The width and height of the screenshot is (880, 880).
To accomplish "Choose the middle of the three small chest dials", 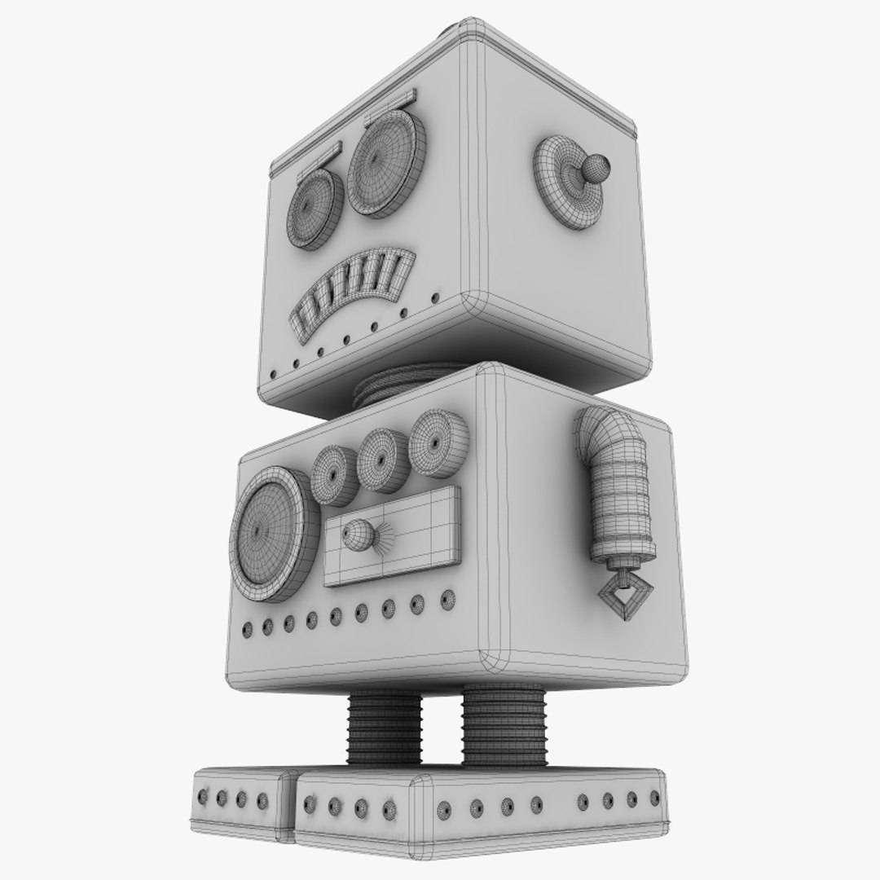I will click(x=381, y=460).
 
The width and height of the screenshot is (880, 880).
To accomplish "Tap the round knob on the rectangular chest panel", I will click(x=357, y=535).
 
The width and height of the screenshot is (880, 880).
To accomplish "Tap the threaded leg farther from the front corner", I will click(x=385, y=725).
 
